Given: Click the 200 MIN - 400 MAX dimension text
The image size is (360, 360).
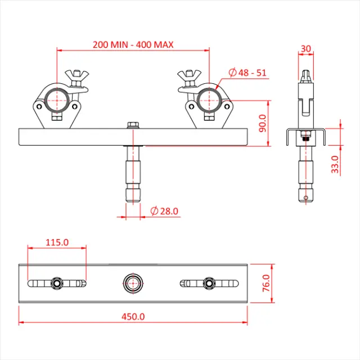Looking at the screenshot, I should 133,44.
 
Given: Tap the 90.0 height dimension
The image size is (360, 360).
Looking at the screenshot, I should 262,123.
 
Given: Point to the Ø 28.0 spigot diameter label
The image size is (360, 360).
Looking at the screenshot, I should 165,211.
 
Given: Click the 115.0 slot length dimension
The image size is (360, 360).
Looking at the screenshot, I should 57,242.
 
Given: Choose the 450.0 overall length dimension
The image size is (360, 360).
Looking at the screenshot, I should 133,316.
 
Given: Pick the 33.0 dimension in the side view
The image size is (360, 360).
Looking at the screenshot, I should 335,164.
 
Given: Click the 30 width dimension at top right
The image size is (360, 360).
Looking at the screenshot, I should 305,48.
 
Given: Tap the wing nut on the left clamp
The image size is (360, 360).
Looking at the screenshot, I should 76,75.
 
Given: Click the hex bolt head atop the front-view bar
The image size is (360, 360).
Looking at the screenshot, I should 133,124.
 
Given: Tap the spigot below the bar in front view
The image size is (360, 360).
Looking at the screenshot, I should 133,174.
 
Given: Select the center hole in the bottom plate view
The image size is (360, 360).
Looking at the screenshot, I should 133,282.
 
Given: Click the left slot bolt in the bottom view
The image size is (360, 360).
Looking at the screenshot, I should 57,282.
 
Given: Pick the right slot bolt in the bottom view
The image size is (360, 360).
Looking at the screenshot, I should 209,282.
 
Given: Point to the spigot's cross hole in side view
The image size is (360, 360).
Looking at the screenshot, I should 305,197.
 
